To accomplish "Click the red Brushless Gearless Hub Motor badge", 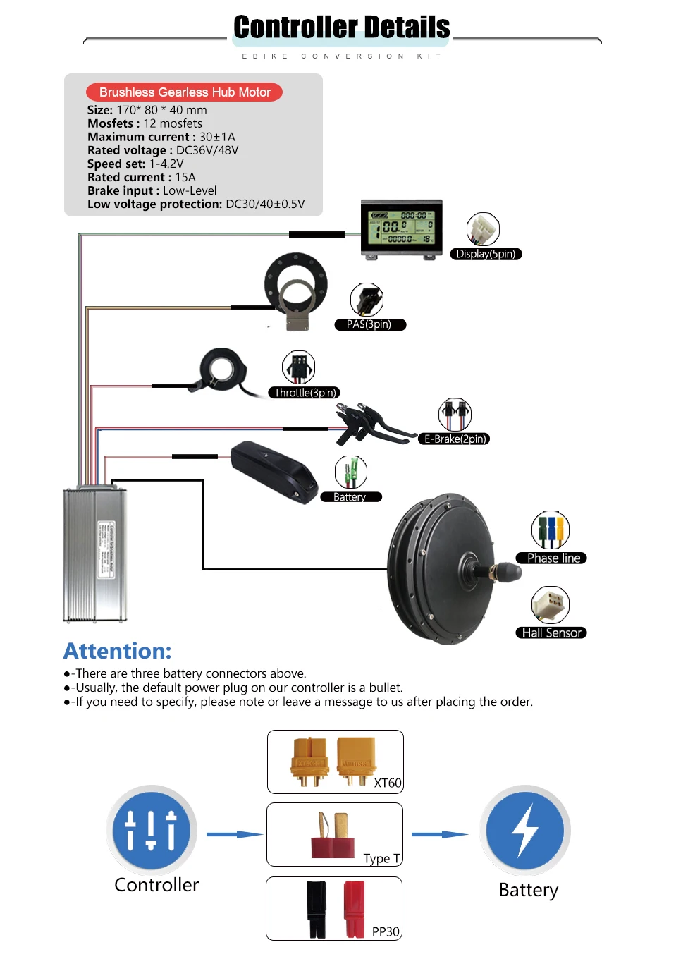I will pos(184,92).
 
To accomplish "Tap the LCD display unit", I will pos(402,228).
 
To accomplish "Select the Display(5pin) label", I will pos(486,254).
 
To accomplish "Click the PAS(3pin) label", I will pos(369,324).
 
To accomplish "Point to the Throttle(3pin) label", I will pos(305,393).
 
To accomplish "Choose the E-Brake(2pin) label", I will pos(455,439).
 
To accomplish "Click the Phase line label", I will pos(553,558).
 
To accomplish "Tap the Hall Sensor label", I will pos(552,633).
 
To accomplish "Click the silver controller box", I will pos(95,554).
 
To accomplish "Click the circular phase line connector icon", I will pos(551,530).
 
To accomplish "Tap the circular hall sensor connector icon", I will pos(551,604).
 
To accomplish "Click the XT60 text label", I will pos(387,783).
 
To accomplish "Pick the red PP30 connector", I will pos(355,909).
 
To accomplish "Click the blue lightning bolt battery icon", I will pos(525,831).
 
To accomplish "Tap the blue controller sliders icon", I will pos(151,831).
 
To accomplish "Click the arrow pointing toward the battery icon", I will pos(440,834).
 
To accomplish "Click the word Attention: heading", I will pos(118,651).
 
